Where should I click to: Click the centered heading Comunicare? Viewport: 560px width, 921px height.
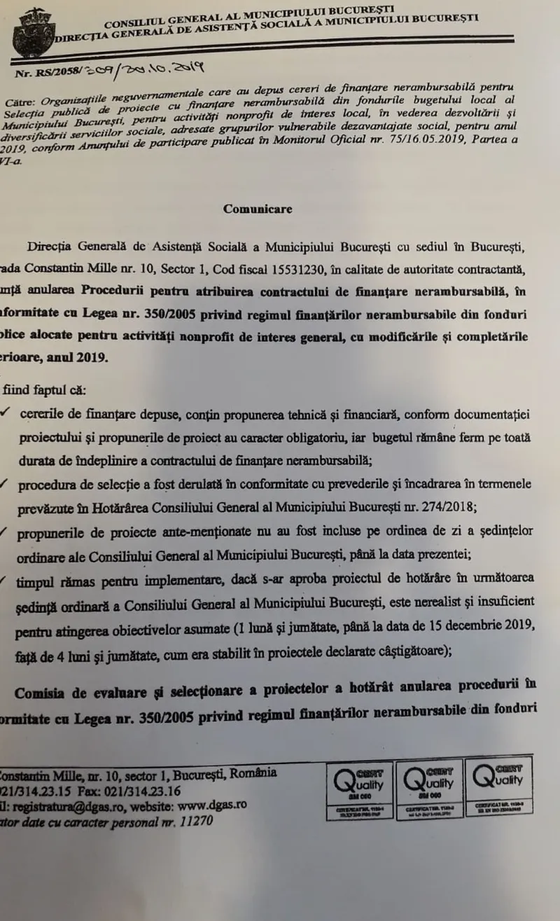click(x=258, y=209)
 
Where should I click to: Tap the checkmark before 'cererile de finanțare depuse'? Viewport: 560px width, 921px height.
click(x=5, y=413)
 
